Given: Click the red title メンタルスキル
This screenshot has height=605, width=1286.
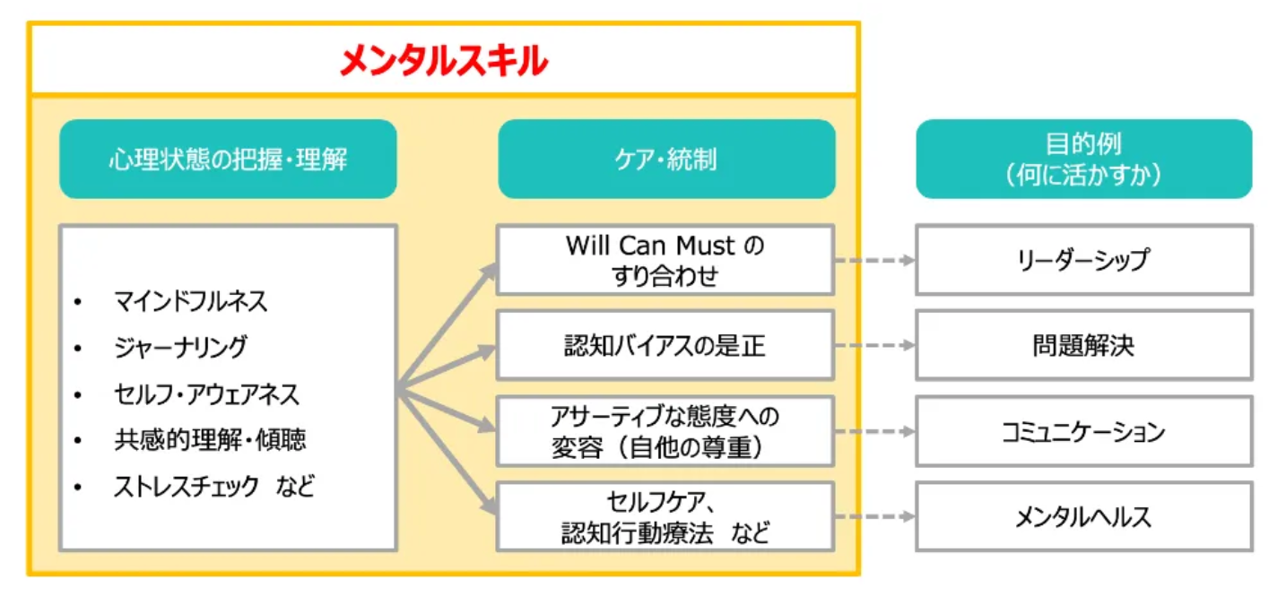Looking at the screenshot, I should (x=443, y=61).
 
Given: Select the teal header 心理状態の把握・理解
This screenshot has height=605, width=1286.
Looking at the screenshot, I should (x=228, y=160).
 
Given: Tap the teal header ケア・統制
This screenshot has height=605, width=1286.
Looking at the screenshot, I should (x=666, y=160).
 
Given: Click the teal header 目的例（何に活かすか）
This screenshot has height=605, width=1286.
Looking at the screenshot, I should (x=1083, y=159).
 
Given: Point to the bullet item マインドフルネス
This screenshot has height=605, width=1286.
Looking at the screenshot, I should (x=190, y=301).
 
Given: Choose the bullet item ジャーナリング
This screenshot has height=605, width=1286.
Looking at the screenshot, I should (x=179, y=347).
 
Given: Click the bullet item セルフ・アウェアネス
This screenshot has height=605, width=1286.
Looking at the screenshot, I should (x=206, y=393).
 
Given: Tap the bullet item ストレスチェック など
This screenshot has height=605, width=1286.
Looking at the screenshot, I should (x=214, y=487).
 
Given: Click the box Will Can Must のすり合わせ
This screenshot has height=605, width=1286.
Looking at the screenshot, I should (x=665, y=260).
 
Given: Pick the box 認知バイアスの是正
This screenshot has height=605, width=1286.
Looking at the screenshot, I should (x=665, y=346).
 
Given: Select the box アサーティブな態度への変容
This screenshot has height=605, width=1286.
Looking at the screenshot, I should (x=665, y=431).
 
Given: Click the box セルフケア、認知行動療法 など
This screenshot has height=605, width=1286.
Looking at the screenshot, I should (x=665, y=517).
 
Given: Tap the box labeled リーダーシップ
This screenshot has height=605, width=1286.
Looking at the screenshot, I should (x=1083, y=260).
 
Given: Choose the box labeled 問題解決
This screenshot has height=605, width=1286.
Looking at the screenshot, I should (x=1083, y=346).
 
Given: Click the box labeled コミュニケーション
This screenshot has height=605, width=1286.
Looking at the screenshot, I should (x=1083, y=432).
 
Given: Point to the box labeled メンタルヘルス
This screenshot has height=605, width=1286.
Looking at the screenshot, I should (x=1083, y=517).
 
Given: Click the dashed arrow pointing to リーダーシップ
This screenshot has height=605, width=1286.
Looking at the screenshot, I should (x=874, y=260).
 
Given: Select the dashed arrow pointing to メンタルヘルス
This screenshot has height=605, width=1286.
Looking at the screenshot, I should (x=874, y=517).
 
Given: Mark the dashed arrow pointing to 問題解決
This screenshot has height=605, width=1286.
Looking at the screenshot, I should (x=874, y=346).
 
